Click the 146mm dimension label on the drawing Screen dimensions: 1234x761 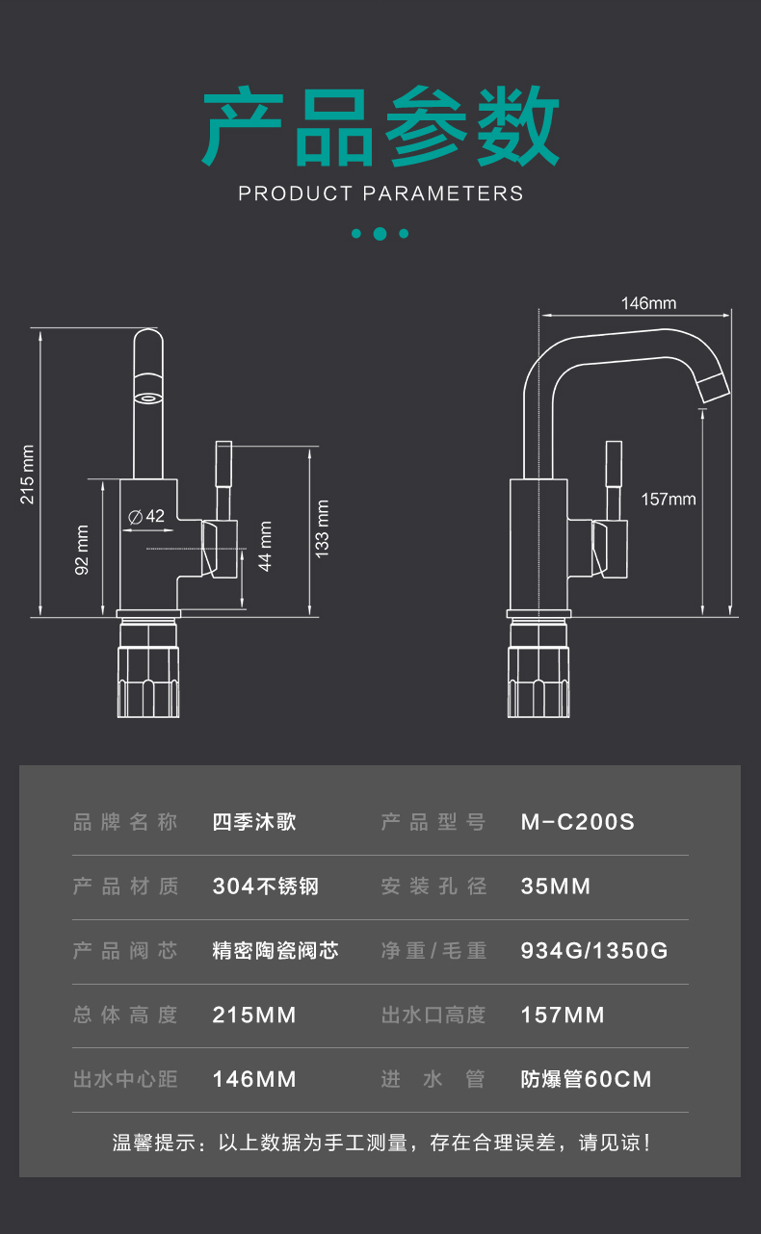[x=648, y=303]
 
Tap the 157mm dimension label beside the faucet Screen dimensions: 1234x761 [x=669, y=499]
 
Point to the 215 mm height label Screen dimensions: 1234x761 [x=28, y=475]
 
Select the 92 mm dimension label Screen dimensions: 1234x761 [x=83, y=550]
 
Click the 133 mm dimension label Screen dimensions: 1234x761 [x=322, y=528]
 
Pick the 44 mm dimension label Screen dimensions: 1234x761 [x=266, y=546]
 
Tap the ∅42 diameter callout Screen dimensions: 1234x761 [x=146, y=516]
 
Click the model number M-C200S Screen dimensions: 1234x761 [x=577, y=822]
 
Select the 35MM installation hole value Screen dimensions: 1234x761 [x=555, y=887]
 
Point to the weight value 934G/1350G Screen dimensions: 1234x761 [x=593, y=951]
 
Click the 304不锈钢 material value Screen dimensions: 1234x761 [x=265, y=887]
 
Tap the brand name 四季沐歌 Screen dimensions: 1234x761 [x=254, y=822]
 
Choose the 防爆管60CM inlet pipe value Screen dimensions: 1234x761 [x=586, y=1079]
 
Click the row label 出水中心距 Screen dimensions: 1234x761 [x=125, y=1079]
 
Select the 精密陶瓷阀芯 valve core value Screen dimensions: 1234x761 [x=276, y=951]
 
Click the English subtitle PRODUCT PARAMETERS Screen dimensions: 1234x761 [x=380, y=193]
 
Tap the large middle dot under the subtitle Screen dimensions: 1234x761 [x=380, y=233]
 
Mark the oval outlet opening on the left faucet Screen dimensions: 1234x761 [x=148, y=398]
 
